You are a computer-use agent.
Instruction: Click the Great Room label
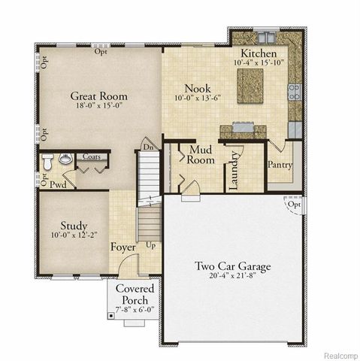click(x=98, y=96)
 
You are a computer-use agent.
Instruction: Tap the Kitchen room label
click(x=259, y=54)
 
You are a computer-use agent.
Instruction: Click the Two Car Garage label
click(x=233, y=266)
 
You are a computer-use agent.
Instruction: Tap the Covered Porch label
click(x=135, y=294)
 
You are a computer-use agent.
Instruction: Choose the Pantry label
click(x=280, y=164)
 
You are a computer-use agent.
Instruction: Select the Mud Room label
click(x=202, y=154)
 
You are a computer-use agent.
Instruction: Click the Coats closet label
click(x=92, y=156)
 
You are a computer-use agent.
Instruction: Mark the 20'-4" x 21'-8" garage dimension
click(x=233, y=278)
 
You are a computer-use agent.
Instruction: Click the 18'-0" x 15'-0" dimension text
click(x=98, y=107)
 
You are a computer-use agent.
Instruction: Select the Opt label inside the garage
click(x=297, y=204)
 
